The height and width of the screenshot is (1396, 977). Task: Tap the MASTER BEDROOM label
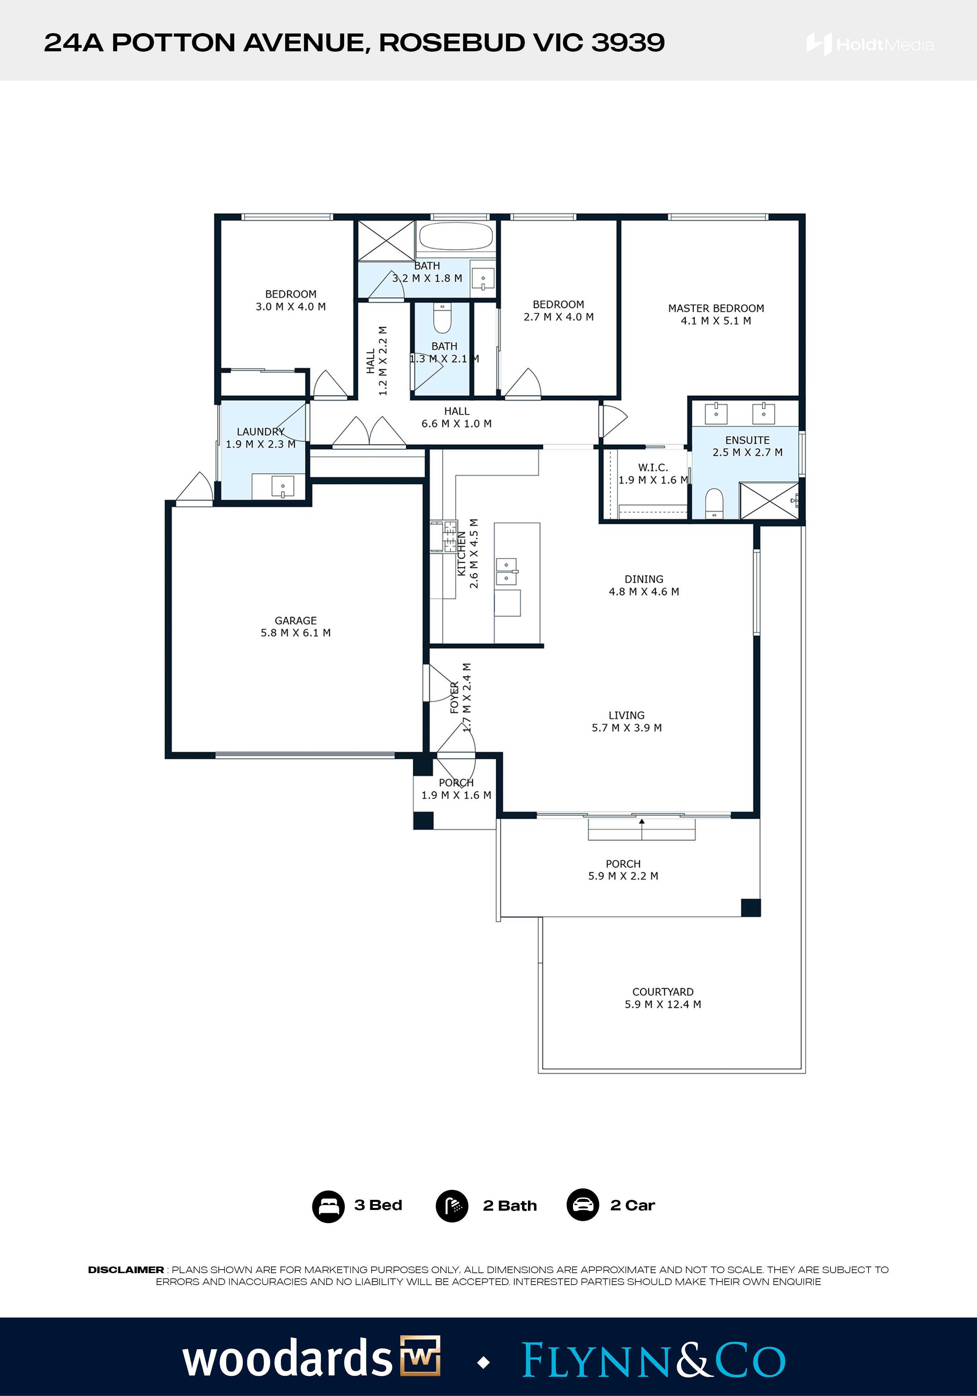(x=716, y=308)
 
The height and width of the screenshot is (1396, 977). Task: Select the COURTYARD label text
(x=663, y=992)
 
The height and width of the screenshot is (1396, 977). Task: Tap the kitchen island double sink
(x=506, y=572)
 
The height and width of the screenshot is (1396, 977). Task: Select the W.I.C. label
(x=653, y=468)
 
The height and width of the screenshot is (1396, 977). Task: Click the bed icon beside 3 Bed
(x=328, y=1206)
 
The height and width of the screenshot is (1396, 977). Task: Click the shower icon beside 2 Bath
(x=452, y=1206)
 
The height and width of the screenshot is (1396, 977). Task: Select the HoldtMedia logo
(x=870, y=44)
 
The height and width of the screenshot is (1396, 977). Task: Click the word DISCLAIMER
(x=126, y=1270)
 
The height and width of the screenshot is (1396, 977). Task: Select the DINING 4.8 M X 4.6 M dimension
(x=644, y=592)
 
